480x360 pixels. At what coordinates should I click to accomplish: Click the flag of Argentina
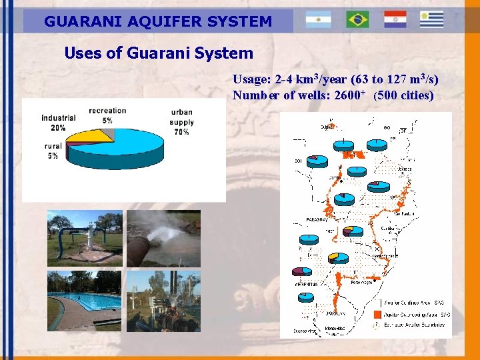pyautogui.click(x=318, y=20)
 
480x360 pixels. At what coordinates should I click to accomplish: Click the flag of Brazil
pyautogui.click(x=357, y=20)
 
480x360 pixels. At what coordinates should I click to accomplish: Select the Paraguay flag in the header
pyautogui.click(x=395, y=20)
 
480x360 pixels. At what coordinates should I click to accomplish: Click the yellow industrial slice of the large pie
pyautogui.click(x=93, y=136)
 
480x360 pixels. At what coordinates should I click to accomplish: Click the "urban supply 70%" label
pyautogui.click(x=181, y=122)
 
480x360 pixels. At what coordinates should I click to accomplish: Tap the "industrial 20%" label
pyautogui.click(x=58, y=123)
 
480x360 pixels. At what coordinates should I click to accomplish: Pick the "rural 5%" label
pyautogui.click(x=53, y=151)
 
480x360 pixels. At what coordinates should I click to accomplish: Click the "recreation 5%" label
pyautogui.click(x=107, y=115)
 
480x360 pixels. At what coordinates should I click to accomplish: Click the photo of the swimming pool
pyautogui.click(x=85, y=300)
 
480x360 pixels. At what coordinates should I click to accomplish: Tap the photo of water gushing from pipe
pyautogui.click(x=163, y=238)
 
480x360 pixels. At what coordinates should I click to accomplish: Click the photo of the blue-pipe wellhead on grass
pyautogui.click(x=85, y=238)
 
